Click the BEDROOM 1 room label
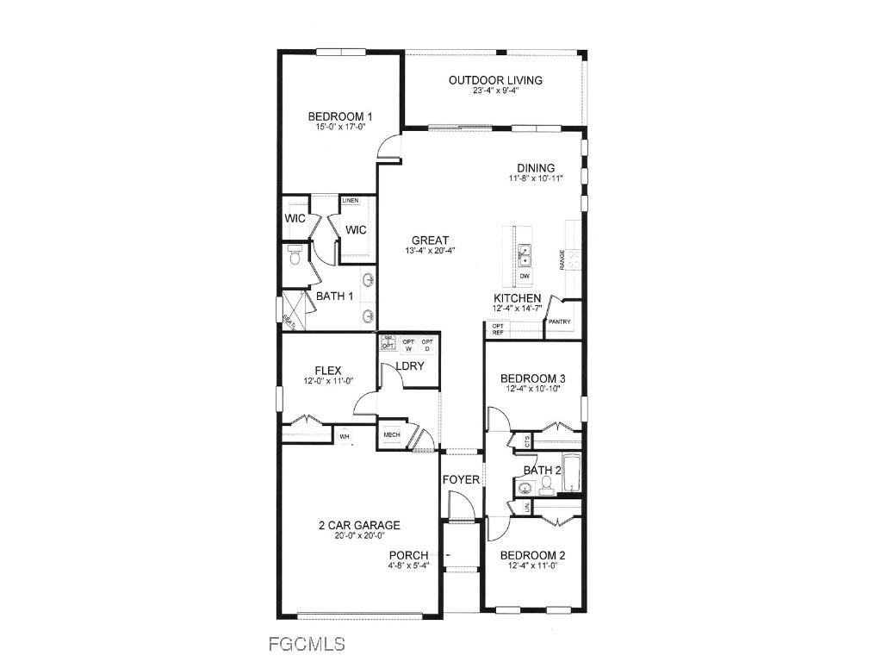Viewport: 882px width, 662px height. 340,117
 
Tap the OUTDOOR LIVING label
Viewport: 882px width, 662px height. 495,80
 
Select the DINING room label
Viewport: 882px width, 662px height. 536,168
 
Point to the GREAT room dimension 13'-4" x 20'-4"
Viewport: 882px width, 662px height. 430,251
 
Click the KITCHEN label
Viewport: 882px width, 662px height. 517,298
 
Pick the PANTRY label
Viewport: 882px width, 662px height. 559,322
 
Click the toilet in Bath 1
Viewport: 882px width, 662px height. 295,256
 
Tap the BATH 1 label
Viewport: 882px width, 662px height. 335,297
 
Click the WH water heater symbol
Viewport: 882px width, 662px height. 345,436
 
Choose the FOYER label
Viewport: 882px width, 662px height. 461,479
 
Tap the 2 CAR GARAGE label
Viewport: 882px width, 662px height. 359,525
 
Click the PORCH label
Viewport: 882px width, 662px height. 408,555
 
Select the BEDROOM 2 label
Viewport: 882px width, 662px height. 533,555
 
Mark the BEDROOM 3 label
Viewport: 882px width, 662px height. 533,378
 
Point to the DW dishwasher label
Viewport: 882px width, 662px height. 525,276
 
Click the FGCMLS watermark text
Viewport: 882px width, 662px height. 306,643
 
